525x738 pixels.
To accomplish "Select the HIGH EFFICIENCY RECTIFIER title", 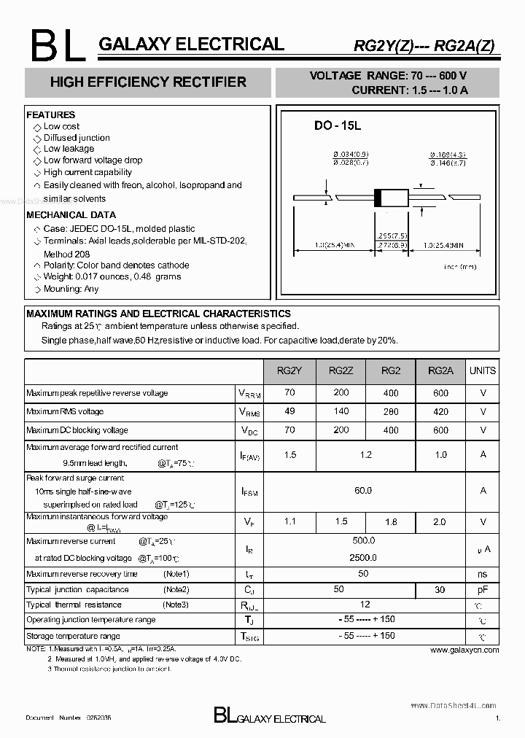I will tap(148, 82).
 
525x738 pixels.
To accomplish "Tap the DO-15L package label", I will tap(338, 125).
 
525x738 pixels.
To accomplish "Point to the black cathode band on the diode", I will tap(378, 197).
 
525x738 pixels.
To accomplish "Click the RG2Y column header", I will tap(289, 370).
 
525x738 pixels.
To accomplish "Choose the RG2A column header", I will tap(440, 370).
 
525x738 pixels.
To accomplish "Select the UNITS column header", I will tap(483, 370).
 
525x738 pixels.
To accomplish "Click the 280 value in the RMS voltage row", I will tap(390, 412).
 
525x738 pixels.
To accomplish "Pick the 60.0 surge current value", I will tap(363, 491).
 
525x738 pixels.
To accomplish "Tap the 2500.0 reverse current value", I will tap(363, 557).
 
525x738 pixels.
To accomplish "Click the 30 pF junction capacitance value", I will tap(440, 589).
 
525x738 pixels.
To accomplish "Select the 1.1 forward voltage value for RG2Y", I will tap(289, 522).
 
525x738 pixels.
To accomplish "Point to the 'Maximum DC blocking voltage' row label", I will tap(77, 430).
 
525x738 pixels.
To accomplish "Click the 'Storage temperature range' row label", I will tap(74, 636).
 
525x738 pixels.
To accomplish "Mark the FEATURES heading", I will tap(51, 115).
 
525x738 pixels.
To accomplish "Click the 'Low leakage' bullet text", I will tap(69, 149).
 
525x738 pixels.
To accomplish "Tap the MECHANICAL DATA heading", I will tap(71, 215).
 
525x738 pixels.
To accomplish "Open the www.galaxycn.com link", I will tap(464, 650).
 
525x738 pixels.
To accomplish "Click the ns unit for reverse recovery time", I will tap(483, 574).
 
